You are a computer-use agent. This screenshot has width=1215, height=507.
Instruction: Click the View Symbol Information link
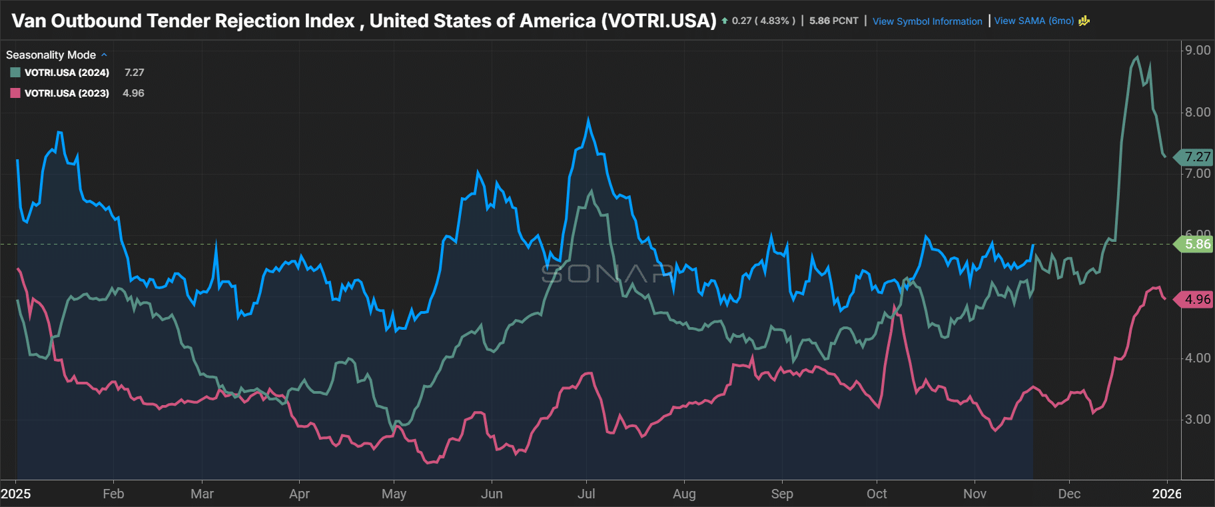pyautogui.click(x=927, y=21)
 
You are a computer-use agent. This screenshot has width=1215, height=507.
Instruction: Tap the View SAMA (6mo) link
pyautogui.click(x=1034, y=21)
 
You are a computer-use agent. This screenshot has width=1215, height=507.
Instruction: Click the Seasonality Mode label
pyautogui.click(x=51, y=55)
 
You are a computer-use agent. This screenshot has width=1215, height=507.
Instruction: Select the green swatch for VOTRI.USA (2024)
pyautogui.click(x=15, y=73)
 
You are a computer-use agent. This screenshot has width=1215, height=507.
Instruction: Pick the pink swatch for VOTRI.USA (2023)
pyautogui.click(x=15, y=93)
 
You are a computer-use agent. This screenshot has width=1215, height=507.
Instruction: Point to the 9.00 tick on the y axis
pyautogui.click(x=1198, y=51)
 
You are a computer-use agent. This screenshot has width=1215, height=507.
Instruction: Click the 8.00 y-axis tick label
pyautogui.click(x=1198, y=112)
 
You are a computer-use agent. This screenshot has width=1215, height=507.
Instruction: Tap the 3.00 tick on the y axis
pyautogui.click(x=1198, y=419)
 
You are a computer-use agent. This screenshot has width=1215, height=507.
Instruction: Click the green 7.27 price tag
pyautogui.click(x=1196, y=157)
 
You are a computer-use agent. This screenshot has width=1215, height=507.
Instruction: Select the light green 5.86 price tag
pyautogui.click(x=1196, y=245)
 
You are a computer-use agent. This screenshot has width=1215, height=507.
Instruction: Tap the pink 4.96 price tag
pyautogui.click(x=1196, y=300)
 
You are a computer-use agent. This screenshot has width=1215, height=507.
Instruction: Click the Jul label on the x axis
pyautogui.click(x=586, y=494)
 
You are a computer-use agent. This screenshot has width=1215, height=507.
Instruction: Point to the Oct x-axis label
pyautogui.click(x=877, y=494)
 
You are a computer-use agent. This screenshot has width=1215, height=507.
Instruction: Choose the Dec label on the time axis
pyautogui.click(x=1069, y=494)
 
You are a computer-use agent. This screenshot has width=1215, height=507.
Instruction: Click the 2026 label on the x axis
pyautogui.click(x=1167, y=494)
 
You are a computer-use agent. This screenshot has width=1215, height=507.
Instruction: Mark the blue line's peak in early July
pyautogui.click(x=588, y=120)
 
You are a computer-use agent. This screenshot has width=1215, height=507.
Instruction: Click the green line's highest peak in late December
pyautogui.click(x=1137, y=57)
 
